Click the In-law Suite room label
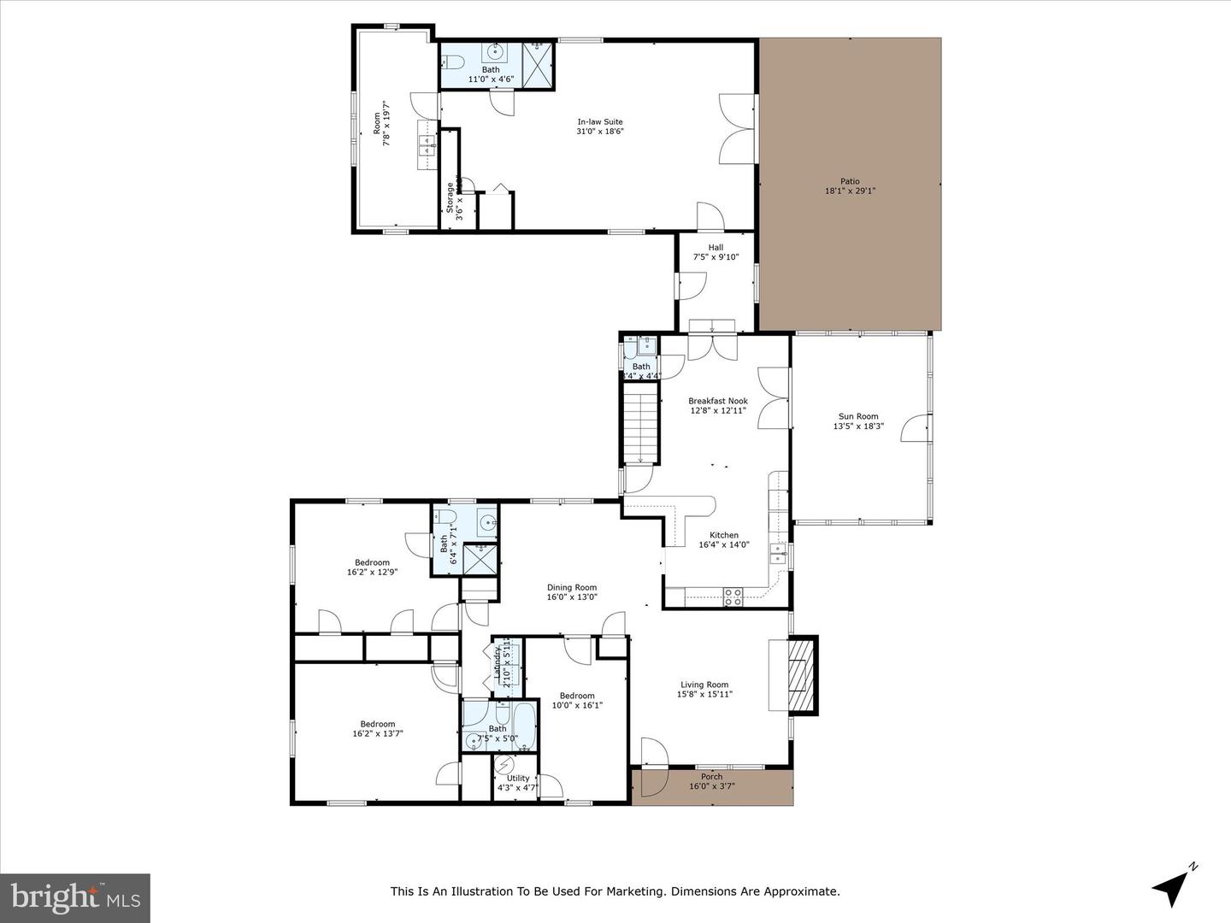(599, 122)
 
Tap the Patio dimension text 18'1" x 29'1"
(849, 191)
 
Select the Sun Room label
(857, 417)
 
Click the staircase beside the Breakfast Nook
(640, 424)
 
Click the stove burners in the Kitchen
(733, 597)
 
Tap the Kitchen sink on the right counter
(777, 554)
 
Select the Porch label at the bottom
(711, 777)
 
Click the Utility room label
(518, 778)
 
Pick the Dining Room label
(572, 587)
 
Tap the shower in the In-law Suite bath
(538, 63)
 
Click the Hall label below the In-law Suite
(716, 248)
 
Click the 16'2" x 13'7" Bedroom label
(377, 724)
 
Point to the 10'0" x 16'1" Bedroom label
(577, 696)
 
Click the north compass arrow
(1173, 885)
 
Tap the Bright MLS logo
(75, 897)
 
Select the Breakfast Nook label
(718, 401)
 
